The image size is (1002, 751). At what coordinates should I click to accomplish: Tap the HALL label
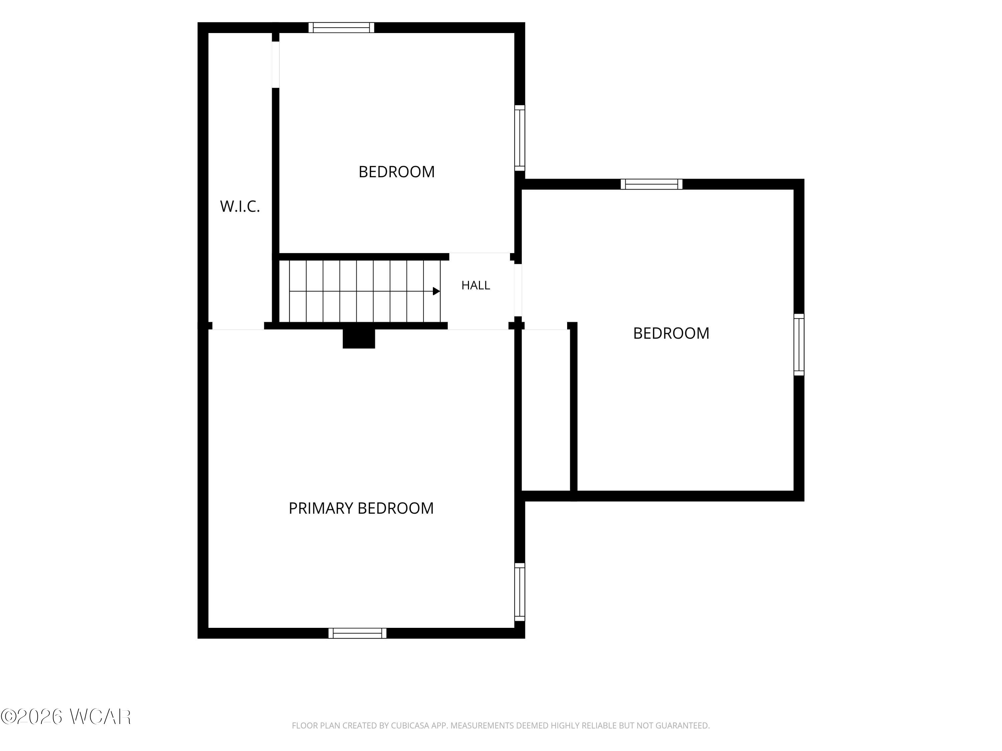(476, 285)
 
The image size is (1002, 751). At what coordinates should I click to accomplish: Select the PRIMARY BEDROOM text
(361, 508)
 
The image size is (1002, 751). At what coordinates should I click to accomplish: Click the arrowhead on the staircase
(436, 291)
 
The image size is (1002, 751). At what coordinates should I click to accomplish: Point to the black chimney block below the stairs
(359, 338)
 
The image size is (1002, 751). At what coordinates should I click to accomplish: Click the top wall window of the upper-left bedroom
(342, 28)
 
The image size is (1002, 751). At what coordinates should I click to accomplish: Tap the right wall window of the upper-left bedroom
(520, 138)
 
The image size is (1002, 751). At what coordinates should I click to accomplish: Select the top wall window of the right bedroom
(651, 184)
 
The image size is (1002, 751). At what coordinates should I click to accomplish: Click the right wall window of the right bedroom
(799, 344)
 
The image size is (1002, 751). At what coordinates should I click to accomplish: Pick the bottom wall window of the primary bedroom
(357, 633)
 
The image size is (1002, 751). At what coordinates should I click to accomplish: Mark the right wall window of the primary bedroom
(520, 592)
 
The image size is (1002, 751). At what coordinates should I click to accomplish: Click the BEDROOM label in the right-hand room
(671, 333)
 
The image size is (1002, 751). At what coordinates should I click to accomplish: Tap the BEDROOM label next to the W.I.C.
(396, 172)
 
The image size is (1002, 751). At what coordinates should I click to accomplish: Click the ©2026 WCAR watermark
(66, 717)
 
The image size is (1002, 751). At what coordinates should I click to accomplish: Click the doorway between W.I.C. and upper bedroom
(276, 64)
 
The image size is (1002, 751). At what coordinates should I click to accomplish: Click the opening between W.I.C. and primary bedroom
(238, 326)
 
